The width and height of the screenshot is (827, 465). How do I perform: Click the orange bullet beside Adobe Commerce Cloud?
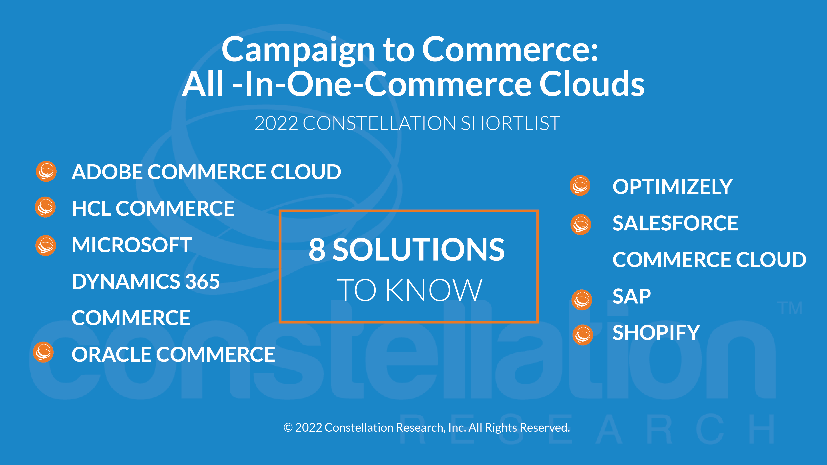pyautogui.click(x=46, y=171)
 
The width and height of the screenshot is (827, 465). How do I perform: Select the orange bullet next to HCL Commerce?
pyautogui.click(x=45, y=207)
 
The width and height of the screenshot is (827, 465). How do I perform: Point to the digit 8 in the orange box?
pyautogui.click(x=317, y=250)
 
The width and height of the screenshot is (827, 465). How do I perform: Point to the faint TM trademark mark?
pyautogui.click(x=790, y=308)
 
